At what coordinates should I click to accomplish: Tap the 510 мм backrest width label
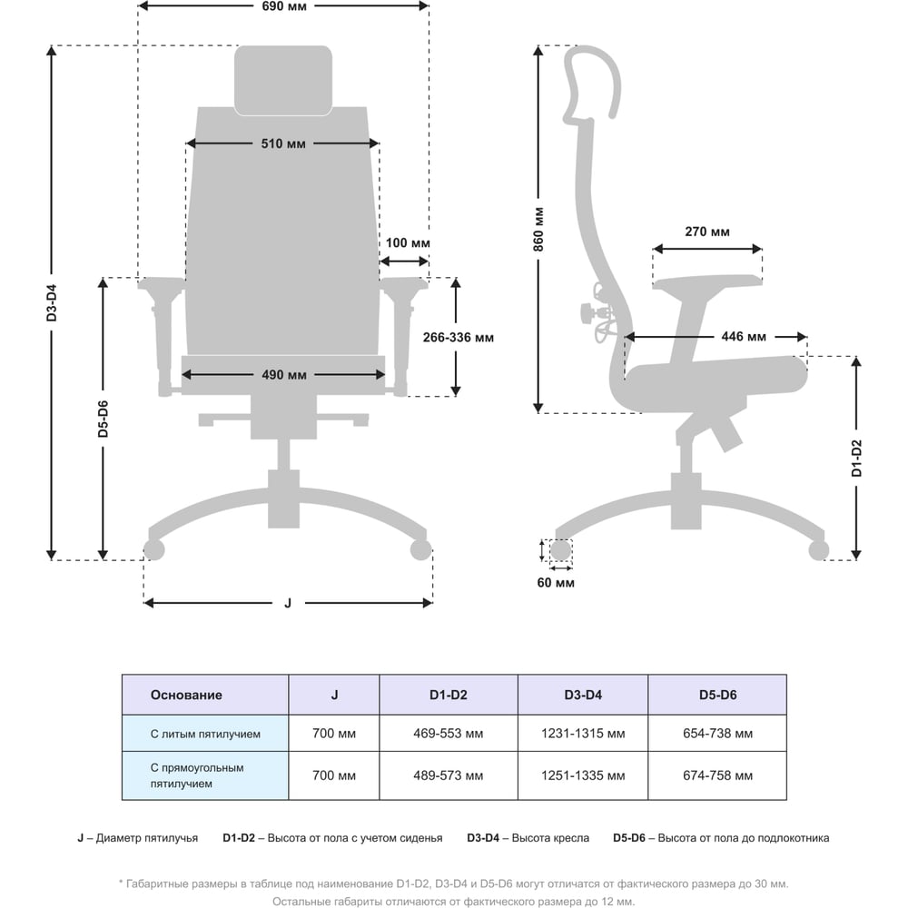point(283,143)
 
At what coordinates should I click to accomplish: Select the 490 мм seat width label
point(283,375)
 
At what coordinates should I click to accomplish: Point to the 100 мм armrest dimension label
point(408,243)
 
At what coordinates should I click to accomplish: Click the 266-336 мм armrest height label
point(459,338)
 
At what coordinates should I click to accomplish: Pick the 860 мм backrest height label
point(538,229)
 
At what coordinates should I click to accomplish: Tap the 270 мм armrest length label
point(707,232)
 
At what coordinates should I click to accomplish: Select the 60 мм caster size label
point(556,583)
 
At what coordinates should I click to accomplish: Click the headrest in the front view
point(282,80)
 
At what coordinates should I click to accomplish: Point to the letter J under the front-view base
point(288,602)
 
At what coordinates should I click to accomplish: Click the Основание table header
point(186,696)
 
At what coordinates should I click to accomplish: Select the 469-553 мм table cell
point(448,734)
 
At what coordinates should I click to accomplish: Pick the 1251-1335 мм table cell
point(582,775)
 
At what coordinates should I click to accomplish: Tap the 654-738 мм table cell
point(717,734)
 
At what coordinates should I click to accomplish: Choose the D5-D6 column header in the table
point(717,696)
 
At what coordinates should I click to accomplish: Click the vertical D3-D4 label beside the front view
point(53,304)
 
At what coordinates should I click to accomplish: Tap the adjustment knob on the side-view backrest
point(583,314)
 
